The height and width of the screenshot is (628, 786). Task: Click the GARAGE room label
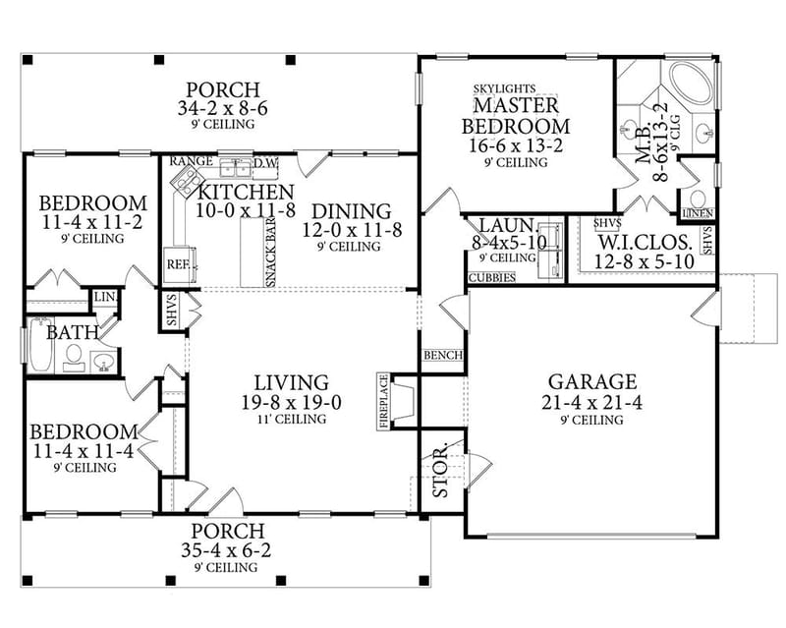pyautogui.click(x=591, y=381)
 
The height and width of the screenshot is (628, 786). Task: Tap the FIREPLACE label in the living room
pyautogui.click(x=383, y=400)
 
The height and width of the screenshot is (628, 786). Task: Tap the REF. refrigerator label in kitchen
pyautogui.click(x=177, y=265)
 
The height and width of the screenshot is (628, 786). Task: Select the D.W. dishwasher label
pyautogui.click(x=266, y=162)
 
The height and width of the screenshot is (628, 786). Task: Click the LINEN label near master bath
pyautogui.click(x=697, y=213)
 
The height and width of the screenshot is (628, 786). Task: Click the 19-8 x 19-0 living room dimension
pyautogui.click(x=291, y=402)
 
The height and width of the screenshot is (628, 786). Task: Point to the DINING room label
pyautogui.click(x=351, y=210)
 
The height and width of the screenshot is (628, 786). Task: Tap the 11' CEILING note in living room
pyautogui.click(x=291, y=420)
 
